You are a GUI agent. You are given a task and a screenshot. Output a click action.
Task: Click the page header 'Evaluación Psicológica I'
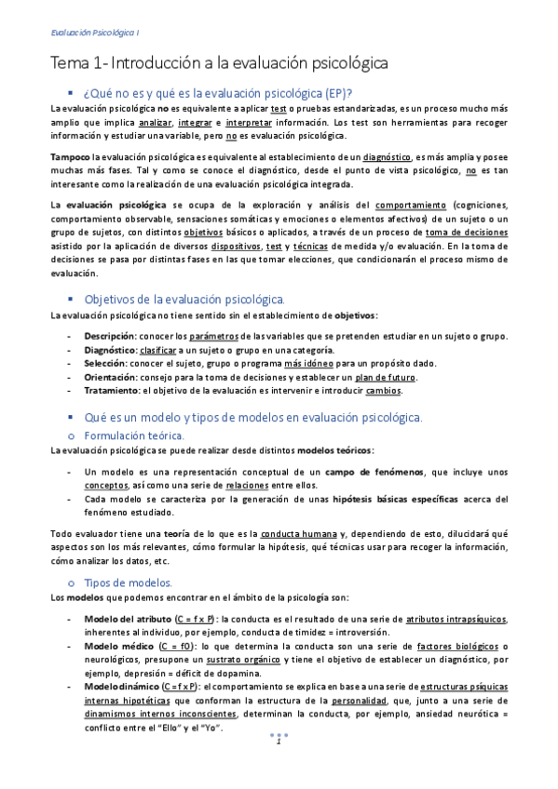pyautogui.click(x=95, y=33)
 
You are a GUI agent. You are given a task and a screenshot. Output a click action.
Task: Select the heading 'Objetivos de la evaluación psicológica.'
pyautogui.click(x=184, y=299)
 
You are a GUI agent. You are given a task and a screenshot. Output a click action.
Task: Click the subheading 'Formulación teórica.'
pyautogui.click(x=135, y=435)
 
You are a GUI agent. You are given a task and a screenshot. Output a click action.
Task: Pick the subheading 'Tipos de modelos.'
pyautogui.click(x=127, y=582)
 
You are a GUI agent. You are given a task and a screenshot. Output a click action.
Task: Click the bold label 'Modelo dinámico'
pyautogui.click(x=119, y=686)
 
